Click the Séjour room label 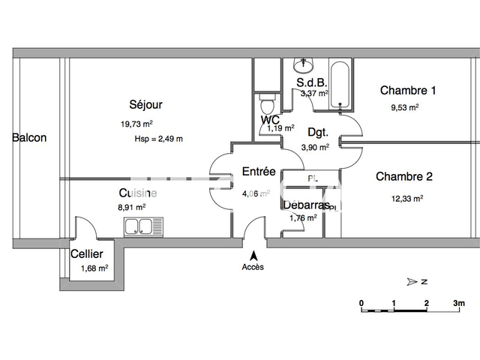coord(145,105)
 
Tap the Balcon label coord(29,138)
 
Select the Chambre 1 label coord(407,91)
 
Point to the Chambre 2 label coord(404,178)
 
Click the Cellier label coord(86,254)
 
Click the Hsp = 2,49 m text coord(158,139)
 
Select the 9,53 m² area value coord(404,107)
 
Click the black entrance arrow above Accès coord(253,255)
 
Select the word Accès coord(253,267)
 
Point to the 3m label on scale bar coord(458,303)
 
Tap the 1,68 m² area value coord(94,267)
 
